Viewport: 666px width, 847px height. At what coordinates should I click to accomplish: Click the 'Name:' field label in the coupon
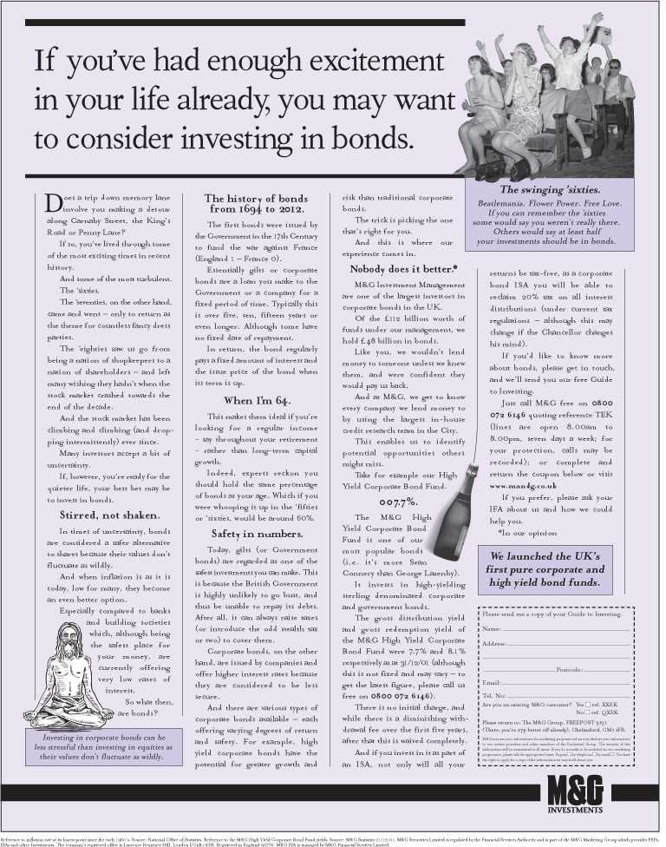[492, 627]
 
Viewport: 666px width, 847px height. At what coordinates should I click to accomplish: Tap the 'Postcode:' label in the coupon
[569, 670]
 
